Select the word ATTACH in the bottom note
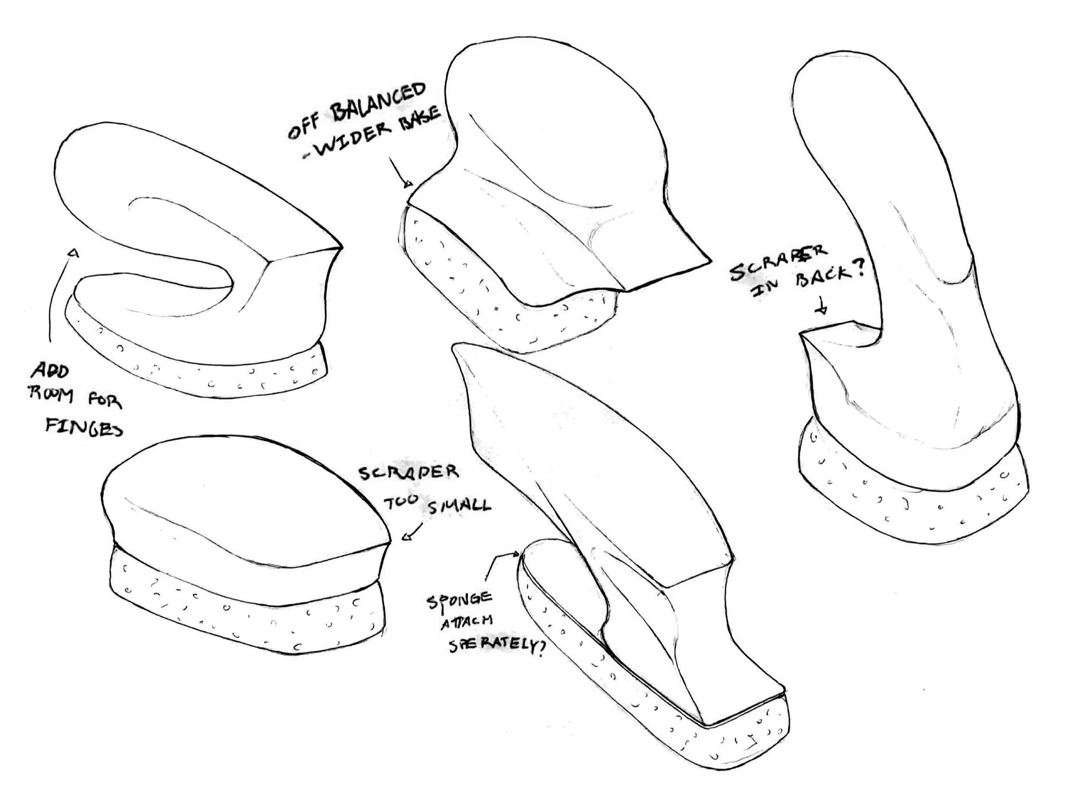[x=467, y=622]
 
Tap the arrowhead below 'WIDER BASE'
[x=407, y=184]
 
